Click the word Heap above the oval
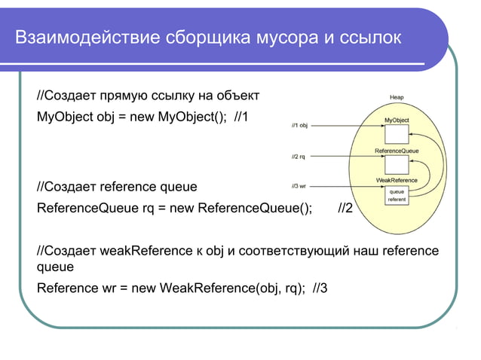click(397, 97)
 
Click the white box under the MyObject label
click(397, 134)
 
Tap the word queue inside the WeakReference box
click(397, 191)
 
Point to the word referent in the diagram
click(397, 200)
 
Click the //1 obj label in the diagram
click(299, 125)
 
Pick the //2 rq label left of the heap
click(299, 157)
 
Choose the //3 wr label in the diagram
click(299, 185)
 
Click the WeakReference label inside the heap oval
click(397, 180)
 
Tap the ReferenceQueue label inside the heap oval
click(397, 151)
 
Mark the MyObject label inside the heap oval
click(397, 120)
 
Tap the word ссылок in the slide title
click(374, 37)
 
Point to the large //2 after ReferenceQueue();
click(345, 209)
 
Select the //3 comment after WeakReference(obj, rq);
click(320, 288)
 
